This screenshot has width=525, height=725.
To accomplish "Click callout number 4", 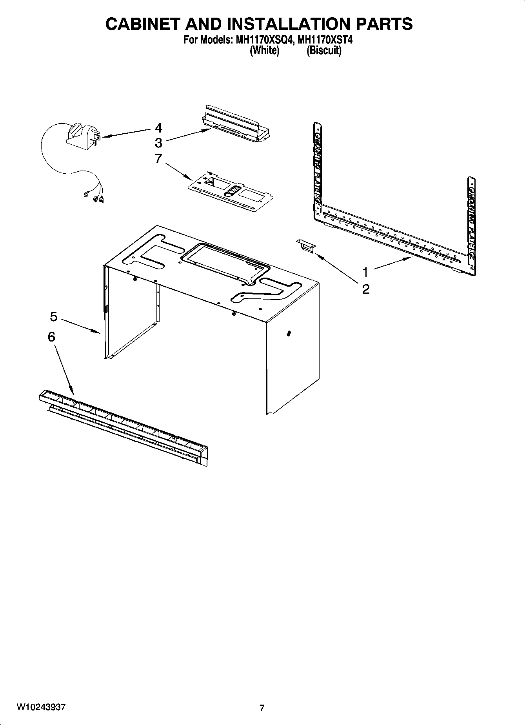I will tap(158, 128).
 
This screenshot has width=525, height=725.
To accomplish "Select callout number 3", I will tap(158, 143).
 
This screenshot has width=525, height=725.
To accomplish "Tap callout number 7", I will tap(158, 159).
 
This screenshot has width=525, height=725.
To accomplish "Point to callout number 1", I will tap(365, 271).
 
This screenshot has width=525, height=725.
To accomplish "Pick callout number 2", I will tap(365, 289).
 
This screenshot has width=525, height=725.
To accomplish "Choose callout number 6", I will tap(51, 337).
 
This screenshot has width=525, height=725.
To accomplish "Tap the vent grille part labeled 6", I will tap(124, 429).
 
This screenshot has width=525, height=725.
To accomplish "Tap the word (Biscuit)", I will tap(324, 51).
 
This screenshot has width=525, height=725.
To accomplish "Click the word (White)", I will tap(265, 51).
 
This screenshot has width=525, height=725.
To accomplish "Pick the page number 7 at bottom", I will tap(262, 708).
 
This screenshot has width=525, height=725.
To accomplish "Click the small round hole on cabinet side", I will tap(289, 334).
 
